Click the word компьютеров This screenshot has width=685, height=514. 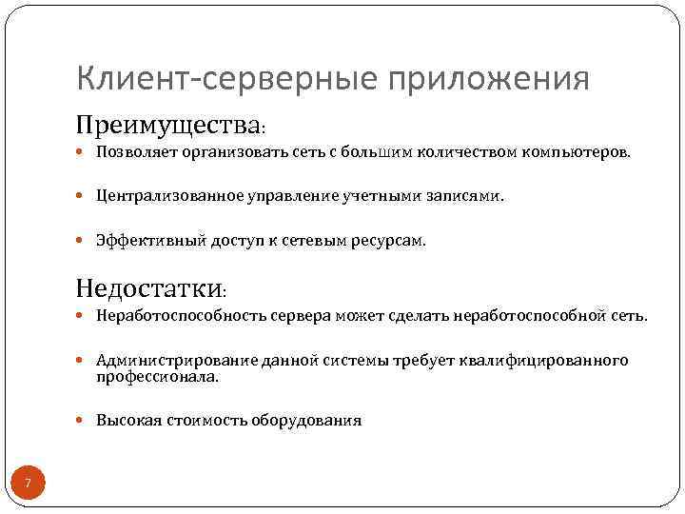[x=579, y=152]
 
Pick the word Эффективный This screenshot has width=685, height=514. [x=139, y=241]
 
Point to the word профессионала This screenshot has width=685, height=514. [x=156, y=376]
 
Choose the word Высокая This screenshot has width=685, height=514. [x=124, y=421]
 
